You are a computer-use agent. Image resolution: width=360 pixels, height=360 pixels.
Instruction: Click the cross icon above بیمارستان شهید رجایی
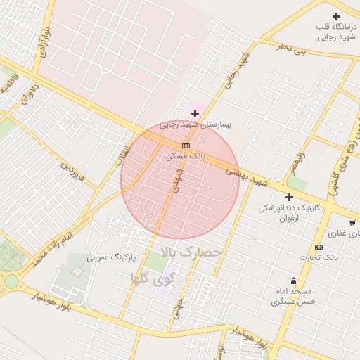[x=195, y=113]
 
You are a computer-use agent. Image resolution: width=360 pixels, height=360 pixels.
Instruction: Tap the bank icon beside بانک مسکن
[x=186, y=146]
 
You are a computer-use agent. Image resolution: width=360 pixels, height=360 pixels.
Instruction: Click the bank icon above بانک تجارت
[x=319, y=247]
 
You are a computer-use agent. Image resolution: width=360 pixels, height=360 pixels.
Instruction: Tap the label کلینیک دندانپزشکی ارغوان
[x=289, y=213]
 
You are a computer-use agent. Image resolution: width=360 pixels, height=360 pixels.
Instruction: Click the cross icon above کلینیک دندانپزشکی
[x=289, y=198]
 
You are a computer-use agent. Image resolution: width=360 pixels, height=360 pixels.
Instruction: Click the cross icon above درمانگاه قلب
[x=336, y=16]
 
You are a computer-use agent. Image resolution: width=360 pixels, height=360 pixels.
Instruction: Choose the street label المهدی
[x=174, y=180]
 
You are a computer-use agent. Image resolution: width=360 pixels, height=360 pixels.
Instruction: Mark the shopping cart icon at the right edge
[x=352, y=223]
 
